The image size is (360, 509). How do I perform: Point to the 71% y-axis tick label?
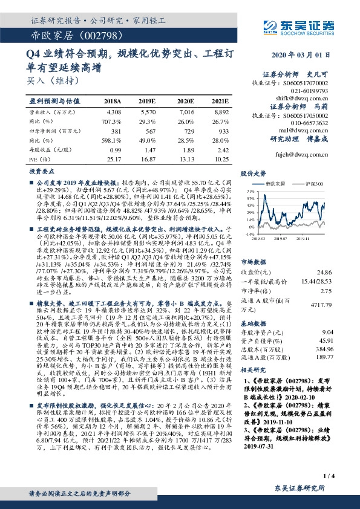coord(249,190)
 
